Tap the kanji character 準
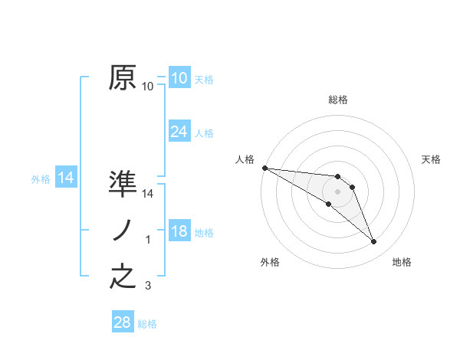coord(123,184)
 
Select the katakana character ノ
coord(123,231)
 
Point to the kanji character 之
coord(123,276)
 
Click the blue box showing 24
coord(179,132)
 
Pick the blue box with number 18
coord(179,231)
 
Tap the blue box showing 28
coord(123,322)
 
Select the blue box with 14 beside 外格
coord(66,178)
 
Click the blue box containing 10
coord(179,78)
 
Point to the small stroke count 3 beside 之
coord(148,286)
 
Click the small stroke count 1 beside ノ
coord(148,241)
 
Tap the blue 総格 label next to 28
coord(147,324)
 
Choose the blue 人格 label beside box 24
coord(204,133)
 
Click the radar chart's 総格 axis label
coord(338,100)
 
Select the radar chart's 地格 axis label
coord(402,262)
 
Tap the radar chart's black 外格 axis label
coord(270,262)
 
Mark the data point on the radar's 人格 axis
coord(264,168)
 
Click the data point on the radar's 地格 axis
coord(374,242)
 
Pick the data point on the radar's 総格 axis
coord(338,177)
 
